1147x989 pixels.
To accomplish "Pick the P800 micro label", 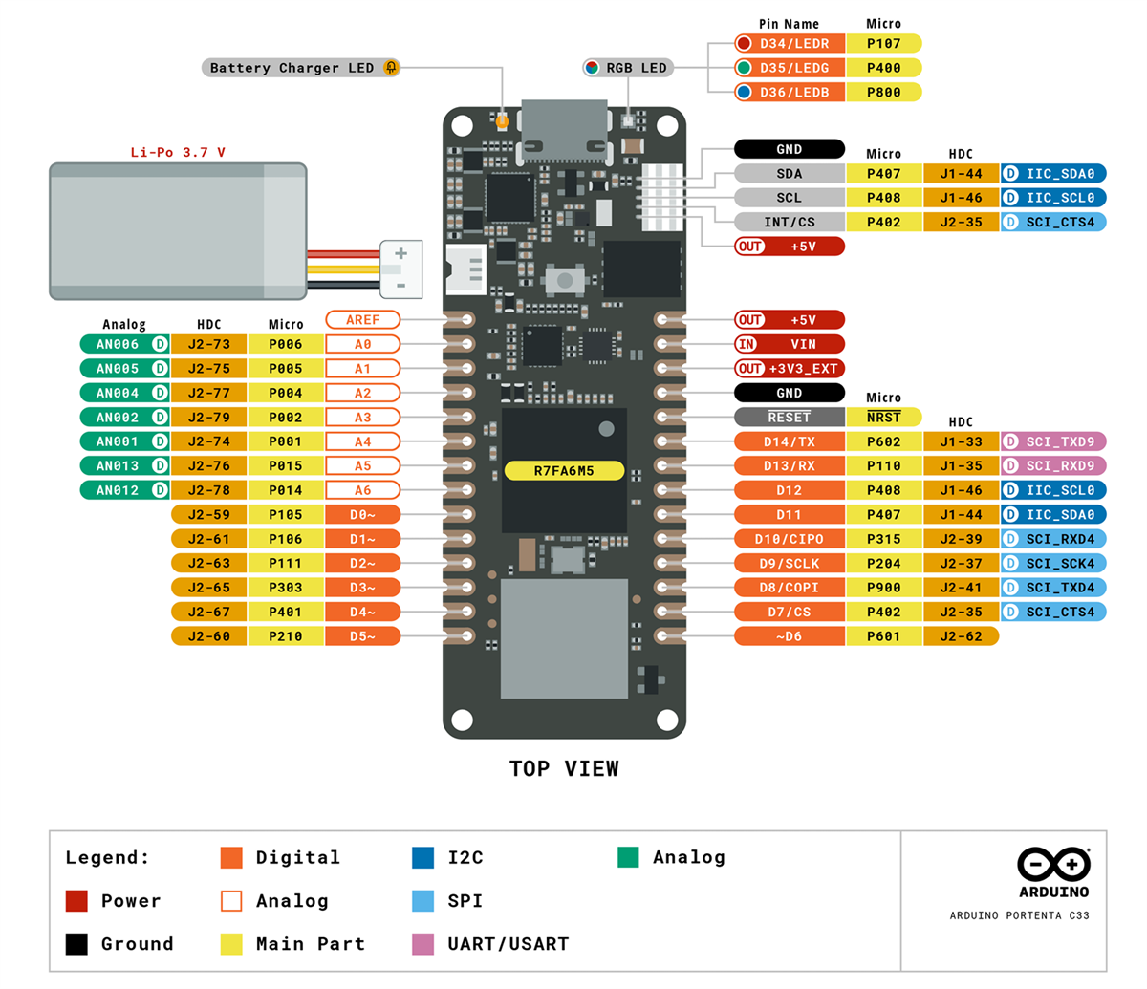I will (x=883, y=92).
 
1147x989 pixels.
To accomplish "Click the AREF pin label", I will (x=362, y=319).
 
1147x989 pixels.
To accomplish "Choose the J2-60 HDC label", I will (x=208, y=636).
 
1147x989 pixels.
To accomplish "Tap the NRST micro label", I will (x=883, y=418).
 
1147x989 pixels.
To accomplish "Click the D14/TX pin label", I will (x=790, y=441).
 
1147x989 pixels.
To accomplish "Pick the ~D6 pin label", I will (x=790, y=636).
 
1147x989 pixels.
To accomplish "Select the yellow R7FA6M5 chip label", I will (x=564, y=471).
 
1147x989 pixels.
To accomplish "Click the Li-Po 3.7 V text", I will (x=178, y=152).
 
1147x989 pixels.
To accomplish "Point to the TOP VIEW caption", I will (x=564, y=768).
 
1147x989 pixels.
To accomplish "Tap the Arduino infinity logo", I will (x=1053, y=864).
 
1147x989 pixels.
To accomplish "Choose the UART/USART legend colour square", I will (x=422, y=944).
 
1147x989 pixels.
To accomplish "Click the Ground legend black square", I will (x=76, y=944).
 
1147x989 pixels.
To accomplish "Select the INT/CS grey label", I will (x=790, y=222).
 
